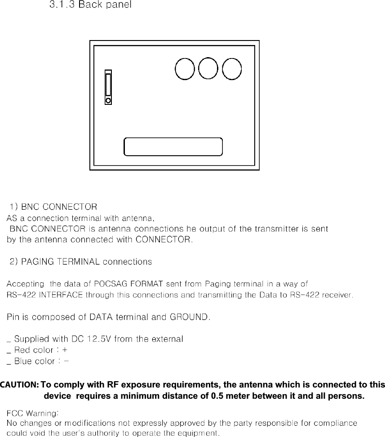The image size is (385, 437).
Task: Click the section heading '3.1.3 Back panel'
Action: [x=90, y=6]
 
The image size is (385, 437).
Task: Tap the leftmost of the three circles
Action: [x=185, y=69]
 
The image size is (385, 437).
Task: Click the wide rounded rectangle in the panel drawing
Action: [x=173, y=147]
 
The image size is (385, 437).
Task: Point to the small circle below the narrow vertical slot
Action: [x=108, y=101]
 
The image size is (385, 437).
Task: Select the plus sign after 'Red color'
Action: [x=66, y=350]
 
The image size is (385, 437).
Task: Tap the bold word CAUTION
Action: [x=19, y=385]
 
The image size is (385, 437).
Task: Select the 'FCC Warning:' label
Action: [x=32, y=413]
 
